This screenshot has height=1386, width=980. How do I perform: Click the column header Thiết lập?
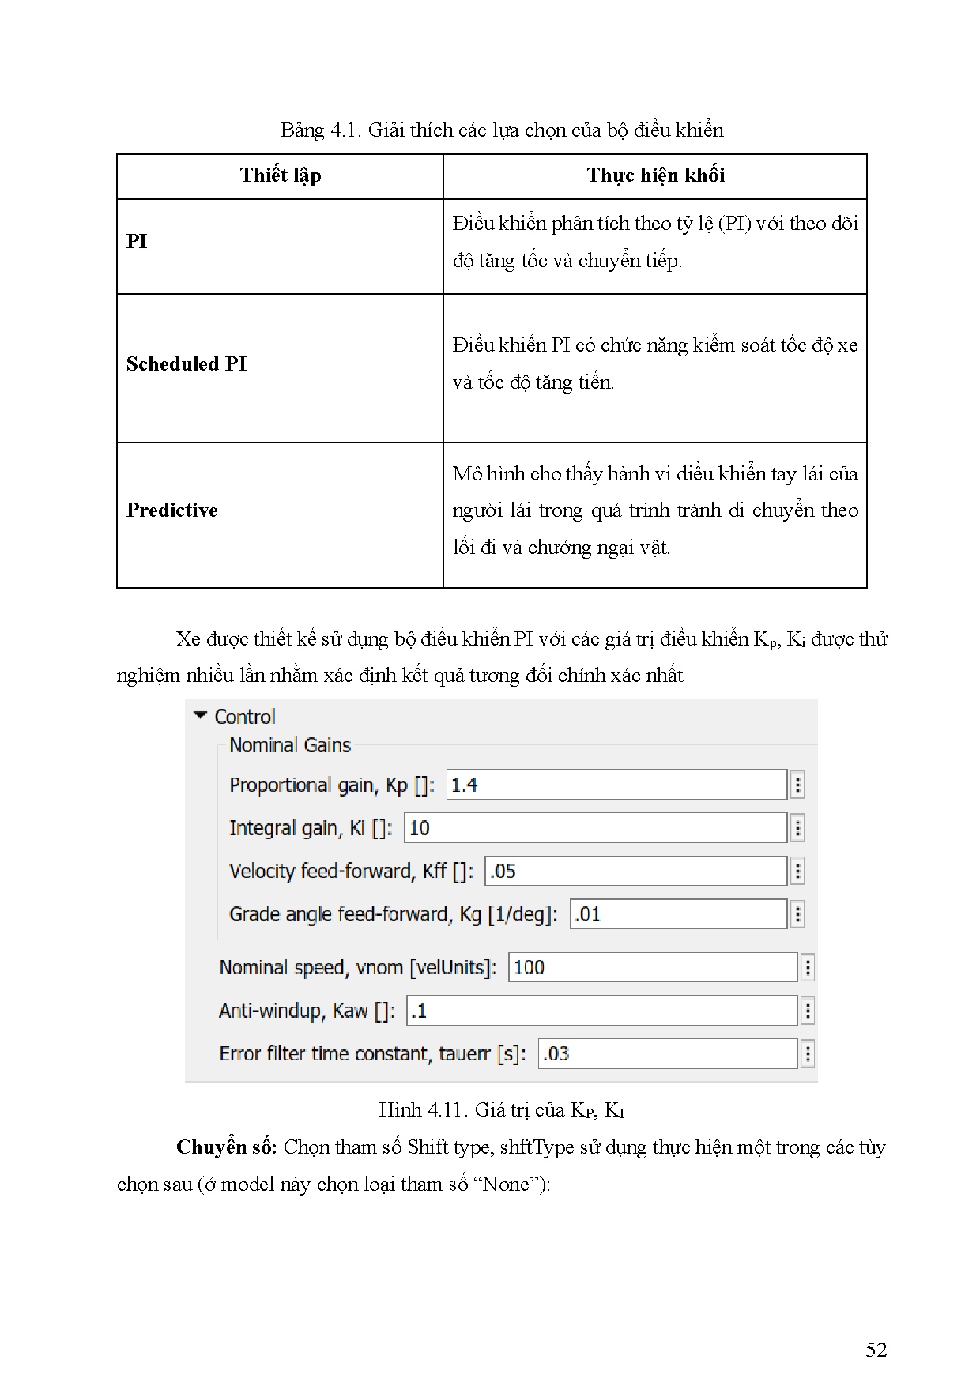click(280, 175)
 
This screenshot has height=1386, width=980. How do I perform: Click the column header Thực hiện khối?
click(655, 175)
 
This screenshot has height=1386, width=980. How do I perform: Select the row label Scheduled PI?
click(187, 364)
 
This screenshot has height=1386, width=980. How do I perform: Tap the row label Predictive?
click(171, 510)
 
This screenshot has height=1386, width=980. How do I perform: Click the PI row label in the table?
click(137, 242)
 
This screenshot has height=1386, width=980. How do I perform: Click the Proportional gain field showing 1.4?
click(616, 785)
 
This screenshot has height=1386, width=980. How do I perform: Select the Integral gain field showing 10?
click(594, 828)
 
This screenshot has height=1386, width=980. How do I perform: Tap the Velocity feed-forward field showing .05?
click(635, 871)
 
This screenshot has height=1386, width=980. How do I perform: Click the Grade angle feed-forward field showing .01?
click(677, 914)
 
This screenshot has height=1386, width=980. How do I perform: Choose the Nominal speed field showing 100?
click(652, 967)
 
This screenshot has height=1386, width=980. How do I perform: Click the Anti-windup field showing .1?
click(601, 1011)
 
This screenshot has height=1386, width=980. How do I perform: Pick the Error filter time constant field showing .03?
click(667, 1053)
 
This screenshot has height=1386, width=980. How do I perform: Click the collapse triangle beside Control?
click(201, 716)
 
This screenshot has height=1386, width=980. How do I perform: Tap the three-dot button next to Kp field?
click(797, 785)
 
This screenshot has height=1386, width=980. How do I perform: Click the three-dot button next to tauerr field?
click(807, 1053)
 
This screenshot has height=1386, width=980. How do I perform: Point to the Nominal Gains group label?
click(289, 745)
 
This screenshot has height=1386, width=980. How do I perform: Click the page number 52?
click(876, 1350)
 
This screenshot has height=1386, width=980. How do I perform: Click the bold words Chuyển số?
click(226, 1147)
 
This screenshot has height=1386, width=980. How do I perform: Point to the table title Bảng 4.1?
click(501, 130)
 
